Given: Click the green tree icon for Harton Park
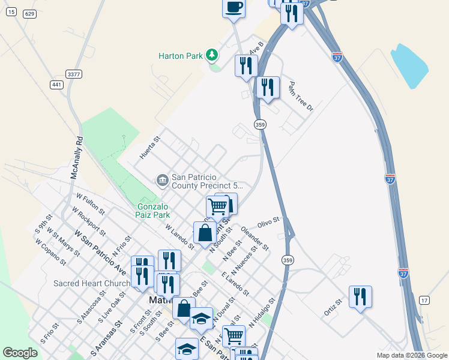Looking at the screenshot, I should [x=211, y=56].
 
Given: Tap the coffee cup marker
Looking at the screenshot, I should [x=234, y=7].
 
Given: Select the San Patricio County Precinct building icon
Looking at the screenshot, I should [x=162, y=180].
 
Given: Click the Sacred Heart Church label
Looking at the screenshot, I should [x=91, y=283].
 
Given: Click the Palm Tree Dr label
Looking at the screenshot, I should [x=301, y=96].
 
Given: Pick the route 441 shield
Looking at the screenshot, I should [x=56, y=85].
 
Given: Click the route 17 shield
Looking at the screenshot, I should [x=424, y=300].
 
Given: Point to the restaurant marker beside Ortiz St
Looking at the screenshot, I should [x=360, y=296].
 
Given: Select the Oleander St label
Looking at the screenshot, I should [x=255, y=238].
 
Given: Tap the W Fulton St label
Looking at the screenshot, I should [x=91, y=204].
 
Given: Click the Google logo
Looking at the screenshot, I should [x=20, y=353].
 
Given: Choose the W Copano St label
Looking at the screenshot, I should [x=50, y=252].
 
